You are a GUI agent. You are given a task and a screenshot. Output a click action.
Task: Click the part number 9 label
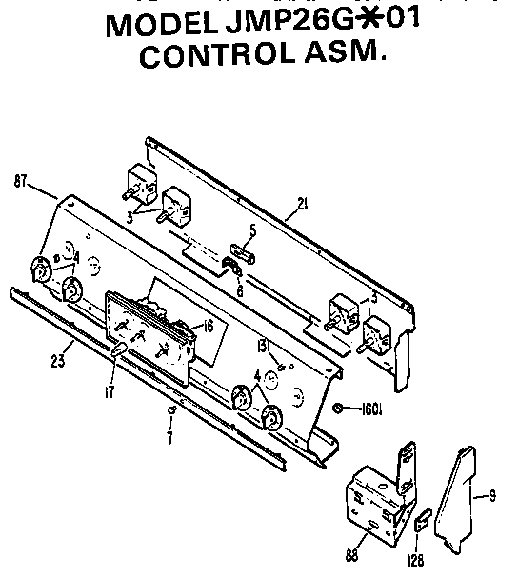(x=492, y=493)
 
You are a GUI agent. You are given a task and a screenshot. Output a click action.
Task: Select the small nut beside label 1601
(x=340, y=408)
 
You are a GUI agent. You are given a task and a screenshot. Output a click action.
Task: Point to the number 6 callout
(x=239, y=291)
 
